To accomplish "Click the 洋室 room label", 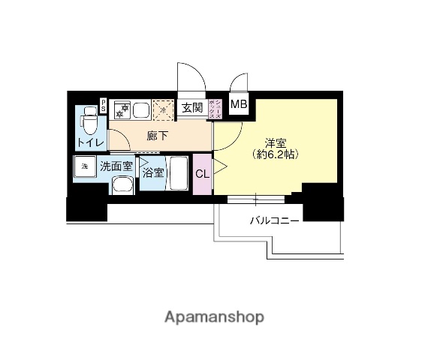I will pos(275,142).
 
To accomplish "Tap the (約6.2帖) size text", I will pos(275,154).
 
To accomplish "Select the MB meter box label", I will pos(238,104).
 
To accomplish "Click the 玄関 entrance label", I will pos(191,108).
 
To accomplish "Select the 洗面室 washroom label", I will pos(116,166).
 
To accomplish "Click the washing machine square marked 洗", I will pos(85,166).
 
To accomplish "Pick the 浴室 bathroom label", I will pos(152,171).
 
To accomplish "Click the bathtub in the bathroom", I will pos(179,174).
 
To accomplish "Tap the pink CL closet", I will pos(202,174).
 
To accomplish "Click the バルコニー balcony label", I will pos(275,221).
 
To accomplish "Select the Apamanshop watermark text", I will pos(214,316).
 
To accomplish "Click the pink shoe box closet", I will pos(213,109).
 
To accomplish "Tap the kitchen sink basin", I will pos(141,109).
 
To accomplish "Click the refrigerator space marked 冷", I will pos(163,109).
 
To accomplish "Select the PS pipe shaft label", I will pos(104,104).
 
